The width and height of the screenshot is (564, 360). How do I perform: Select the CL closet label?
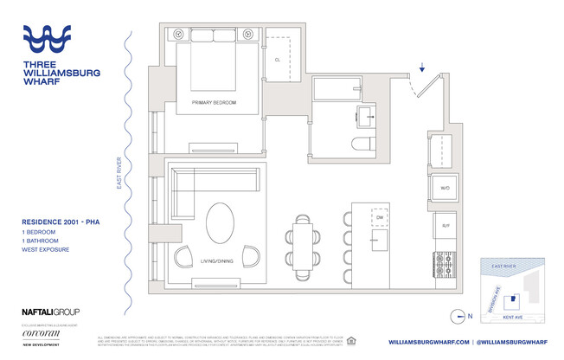click(x=277, y=61)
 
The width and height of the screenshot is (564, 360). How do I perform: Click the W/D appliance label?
click(x=445, y=187)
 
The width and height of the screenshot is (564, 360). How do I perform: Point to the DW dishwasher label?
click(x=367, y=217)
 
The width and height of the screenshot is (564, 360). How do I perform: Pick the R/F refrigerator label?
click(x=445, y=225)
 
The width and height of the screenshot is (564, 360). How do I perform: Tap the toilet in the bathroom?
click(x=362, y=144)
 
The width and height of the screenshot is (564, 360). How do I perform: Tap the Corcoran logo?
click(x=40, y=331)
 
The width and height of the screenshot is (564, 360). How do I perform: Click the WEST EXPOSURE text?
click(x=47, y=250)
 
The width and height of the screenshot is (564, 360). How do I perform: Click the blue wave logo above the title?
click(x=58, y=41)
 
